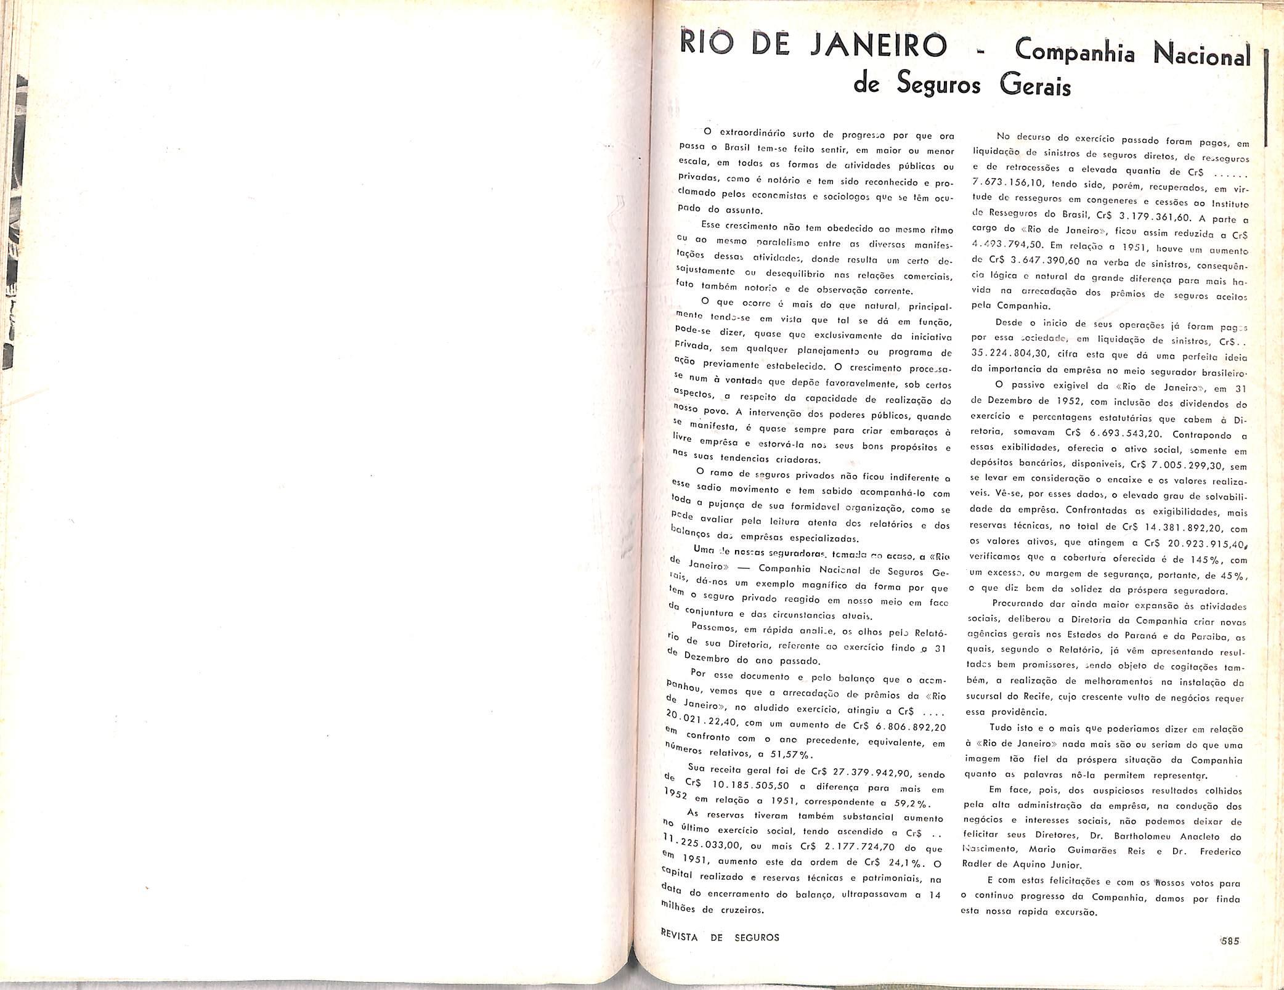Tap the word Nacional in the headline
[x=1201, y=54]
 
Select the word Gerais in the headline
[x=1036, y=86]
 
